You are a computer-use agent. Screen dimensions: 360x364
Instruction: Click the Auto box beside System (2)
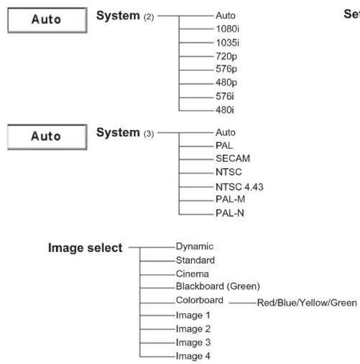(48, 20)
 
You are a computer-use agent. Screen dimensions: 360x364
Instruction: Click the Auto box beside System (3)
(48, 137)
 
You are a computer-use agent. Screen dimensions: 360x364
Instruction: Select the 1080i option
(227, 29)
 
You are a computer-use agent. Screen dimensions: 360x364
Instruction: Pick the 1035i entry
(227, 43)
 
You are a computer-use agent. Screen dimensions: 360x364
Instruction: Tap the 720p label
(226, 57)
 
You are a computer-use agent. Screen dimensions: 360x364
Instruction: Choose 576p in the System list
(226, 69)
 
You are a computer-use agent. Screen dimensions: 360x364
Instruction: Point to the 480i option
(225, 110)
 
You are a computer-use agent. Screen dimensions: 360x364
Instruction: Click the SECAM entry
(233, 158)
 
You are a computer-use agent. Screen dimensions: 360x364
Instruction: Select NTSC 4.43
(239, 187)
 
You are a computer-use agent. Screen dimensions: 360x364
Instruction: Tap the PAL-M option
(230, 199)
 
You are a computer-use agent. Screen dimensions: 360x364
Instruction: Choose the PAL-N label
(230, 213)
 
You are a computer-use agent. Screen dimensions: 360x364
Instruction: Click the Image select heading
(85, 248)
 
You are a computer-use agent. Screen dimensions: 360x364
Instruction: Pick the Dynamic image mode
(194, 247)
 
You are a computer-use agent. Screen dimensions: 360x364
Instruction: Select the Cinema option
(192, 274)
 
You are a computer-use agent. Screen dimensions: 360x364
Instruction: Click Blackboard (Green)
(218, 287)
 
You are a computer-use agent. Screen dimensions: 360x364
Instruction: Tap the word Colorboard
(199, 300)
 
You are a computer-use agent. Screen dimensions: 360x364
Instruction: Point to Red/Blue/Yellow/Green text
(307, 303)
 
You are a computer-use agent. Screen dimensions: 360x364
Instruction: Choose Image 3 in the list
(193, 342)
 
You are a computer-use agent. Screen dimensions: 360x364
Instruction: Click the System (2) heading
(125, 16)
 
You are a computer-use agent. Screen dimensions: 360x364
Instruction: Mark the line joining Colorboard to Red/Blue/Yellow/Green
(243, 303)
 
